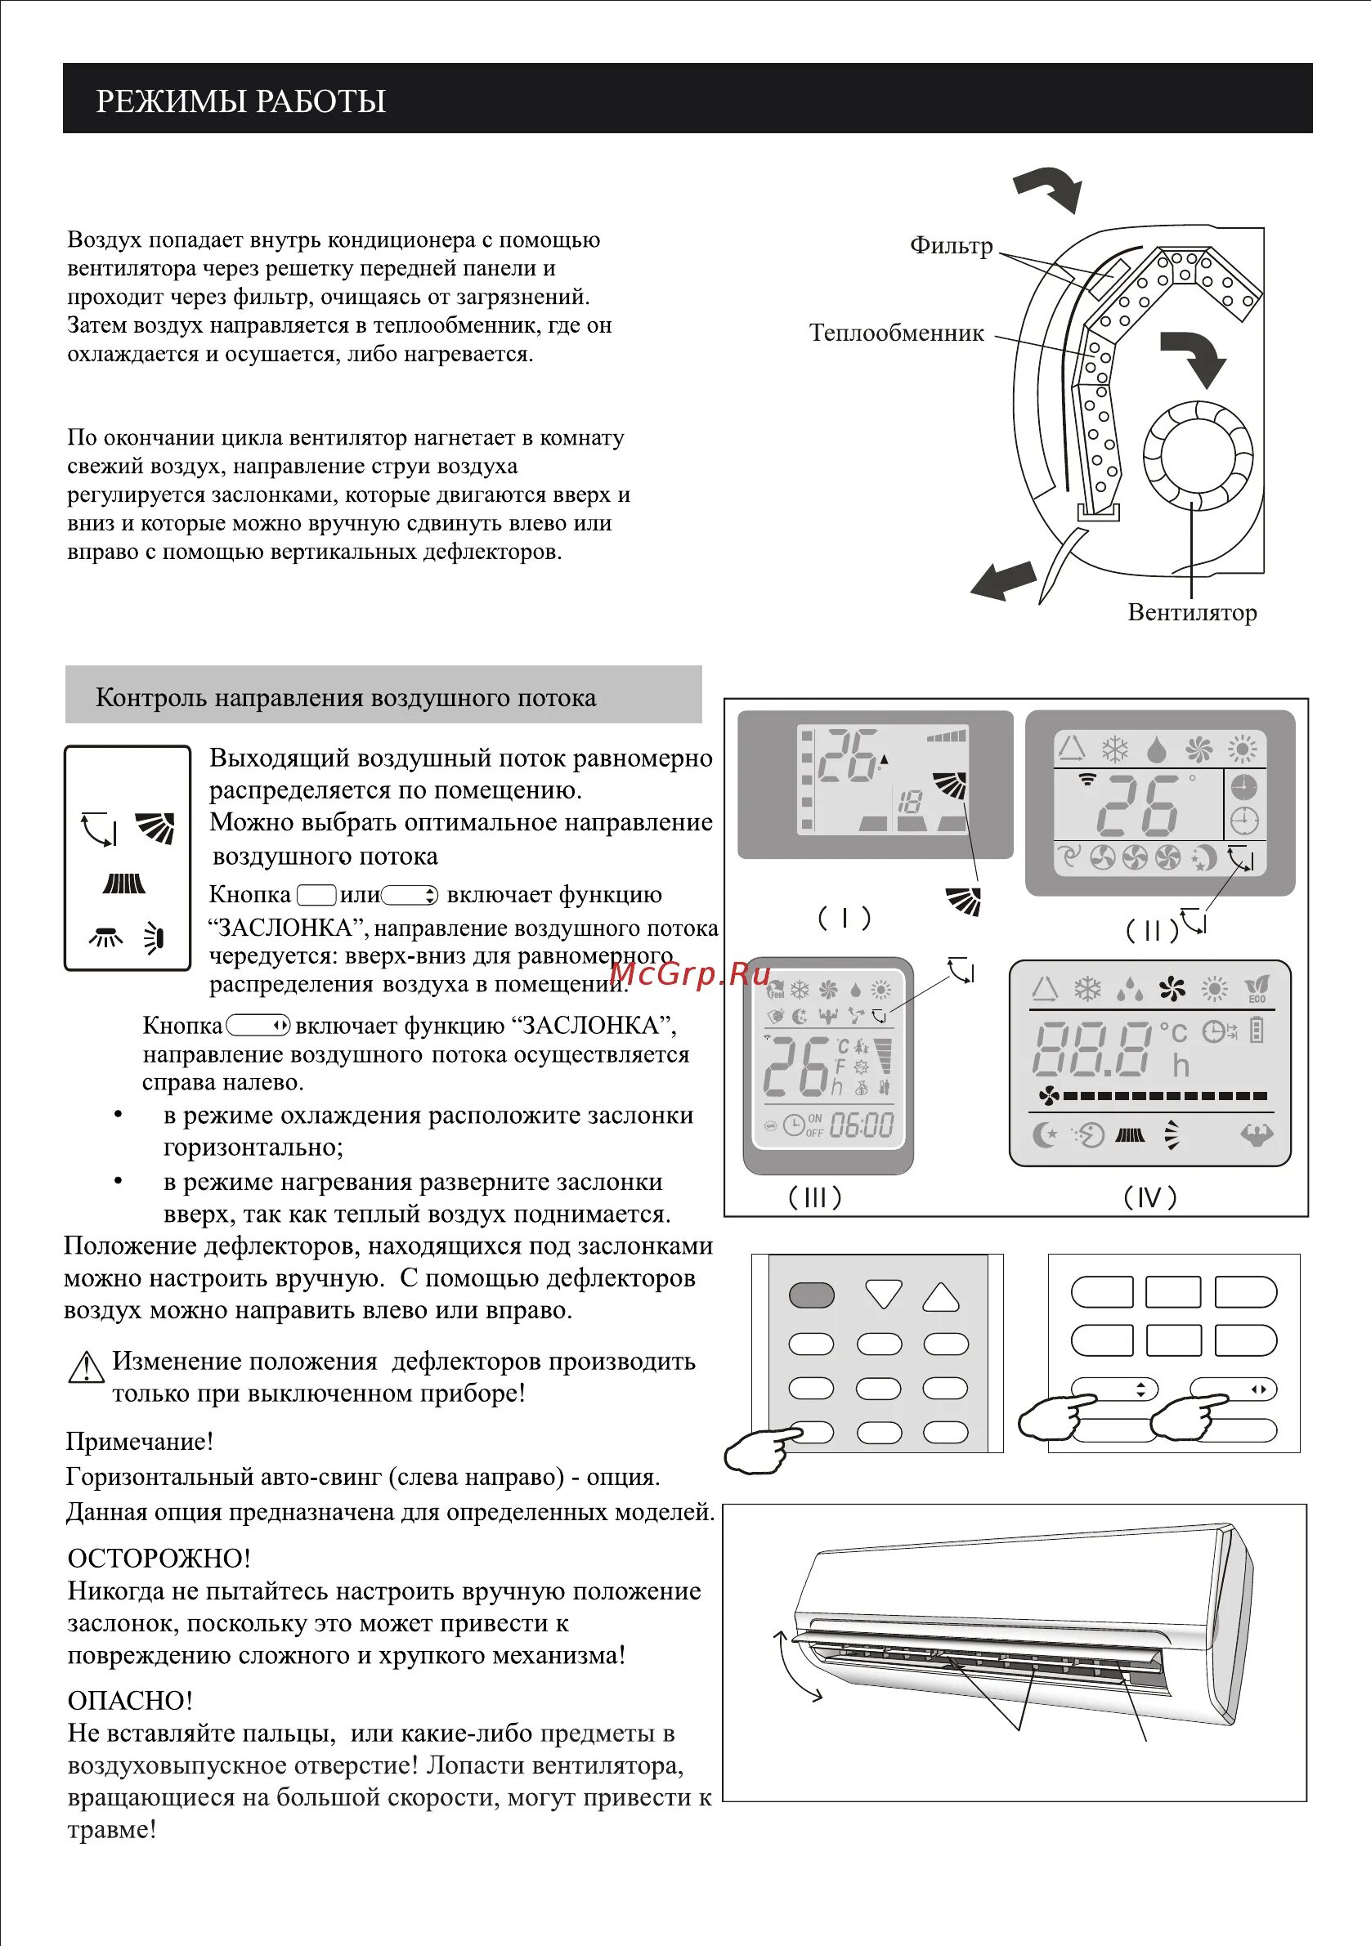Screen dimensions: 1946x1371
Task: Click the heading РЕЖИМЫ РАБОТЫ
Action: (241, 101)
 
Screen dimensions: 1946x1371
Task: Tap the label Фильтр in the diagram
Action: (951, 246)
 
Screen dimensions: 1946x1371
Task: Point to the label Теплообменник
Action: (896, 333)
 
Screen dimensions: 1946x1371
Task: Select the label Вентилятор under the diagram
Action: (1191, 613)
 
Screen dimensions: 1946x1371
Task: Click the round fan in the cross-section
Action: (1197, 455)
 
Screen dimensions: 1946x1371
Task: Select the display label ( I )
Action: (844, 917)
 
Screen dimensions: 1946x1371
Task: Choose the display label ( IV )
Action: (1149, 1197)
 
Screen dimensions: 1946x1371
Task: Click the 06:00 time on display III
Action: (862, 1125)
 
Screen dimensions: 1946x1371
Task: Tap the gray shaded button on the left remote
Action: (812, 1295)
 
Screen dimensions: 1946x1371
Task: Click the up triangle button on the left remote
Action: (941, 1297)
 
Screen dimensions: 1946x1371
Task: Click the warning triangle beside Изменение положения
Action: (86, 1367)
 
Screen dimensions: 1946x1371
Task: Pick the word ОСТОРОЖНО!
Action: (159, 1558)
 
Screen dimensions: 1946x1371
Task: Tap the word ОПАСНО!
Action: (130, 1700)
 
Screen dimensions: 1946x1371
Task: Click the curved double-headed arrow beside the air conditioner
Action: (796, 1666)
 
